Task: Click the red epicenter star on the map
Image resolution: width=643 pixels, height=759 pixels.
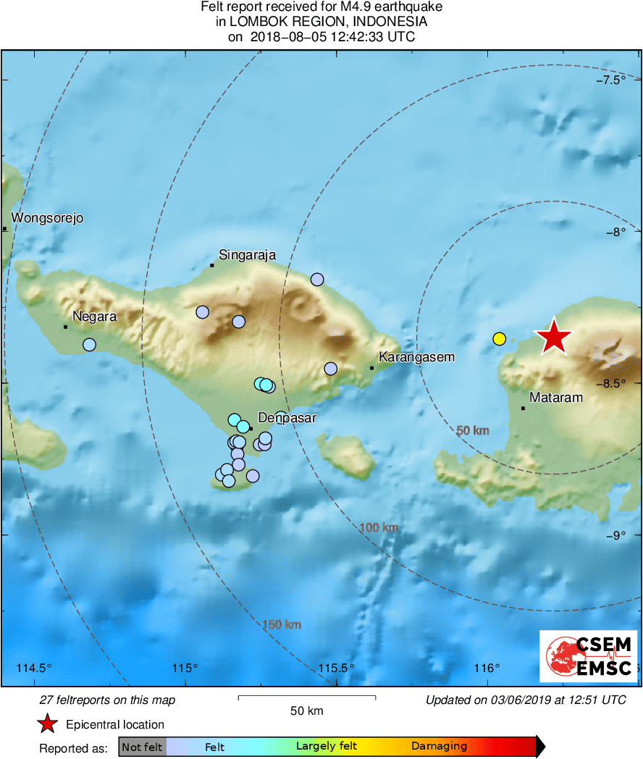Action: click(x=553, y=337)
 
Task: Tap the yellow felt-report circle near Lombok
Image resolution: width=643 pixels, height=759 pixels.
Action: click(x=499, y=338)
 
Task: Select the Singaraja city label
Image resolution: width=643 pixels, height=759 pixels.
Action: click(x=247, y=254)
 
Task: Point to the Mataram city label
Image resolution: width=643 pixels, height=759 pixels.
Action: click(x=556, y=398)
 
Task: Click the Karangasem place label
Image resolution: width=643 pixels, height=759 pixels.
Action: click(x=417, y=357)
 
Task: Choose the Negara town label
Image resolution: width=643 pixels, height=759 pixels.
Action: click(x=94, y=316)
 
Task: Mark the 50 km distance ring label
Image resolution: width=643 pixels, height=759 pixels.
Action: click(x=473, y=431)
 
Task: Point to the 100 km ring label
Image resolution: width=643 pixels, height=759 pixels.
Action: click(x=379, y=528)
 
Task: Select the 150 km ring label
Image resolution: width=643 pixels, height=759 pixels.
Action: click(x=282, y=625)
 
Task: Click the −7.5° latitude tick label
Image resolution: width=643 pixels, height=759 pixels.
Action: click(x=621, y=80)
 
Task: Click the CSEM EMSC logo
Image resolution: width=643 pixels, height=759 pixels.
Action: click(x=588, y=656)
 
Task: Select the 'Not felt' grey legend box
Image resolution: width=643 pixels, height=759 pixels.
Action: click(x=142, y=747)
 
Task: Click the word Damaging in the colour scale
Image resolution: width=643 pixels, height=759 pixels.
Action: click(x=439, y=747)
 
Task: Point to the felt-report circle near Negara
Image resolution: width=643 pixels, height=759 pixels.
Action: click(x=89, y=345)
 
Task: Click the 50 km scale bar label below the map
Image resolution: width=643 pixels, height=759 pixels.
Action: click(x=306, y=711)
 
